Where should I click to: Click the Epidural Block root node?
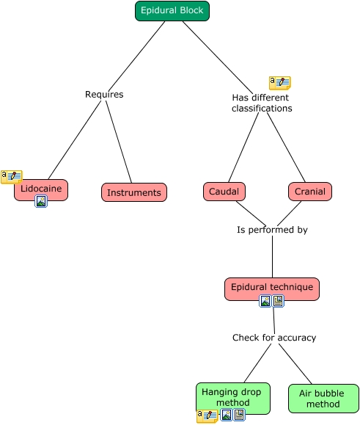pos(172,11)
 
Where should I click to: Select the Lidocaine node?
pos(41,189)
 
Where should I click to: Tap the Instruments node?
pos(134,192)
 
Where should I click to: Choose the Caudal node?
pos(224,192)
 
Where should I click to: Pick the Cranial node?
pos(310,192)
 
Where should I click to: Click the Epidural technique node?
pos(272,289)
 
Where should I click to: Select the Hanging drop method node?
pos(233,399)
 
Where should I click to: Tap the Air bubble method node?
pos(323,399)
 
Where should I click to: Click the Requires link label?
pos(104,95)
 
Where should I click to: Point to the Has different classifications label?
pos(262,103)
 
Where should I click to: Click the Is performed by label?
pos(272,230)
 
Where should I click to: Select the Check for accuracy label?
pos(274,338)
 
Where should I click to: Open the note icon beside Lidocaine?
pos(12,177)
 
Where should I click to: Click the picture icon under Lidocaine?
pos(41,201)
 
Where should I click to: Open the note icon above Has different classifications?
pos(280,83)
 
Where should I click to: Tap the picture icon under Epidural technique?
pos(265,301)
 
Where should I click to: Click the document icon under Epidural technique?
pos(278,301)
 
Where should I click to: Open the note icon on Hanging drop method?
pos(207,416)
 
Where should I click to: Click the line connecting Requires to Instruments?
pos(119,142)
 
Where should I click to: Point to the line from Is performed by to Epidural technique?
pos(272,256)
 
